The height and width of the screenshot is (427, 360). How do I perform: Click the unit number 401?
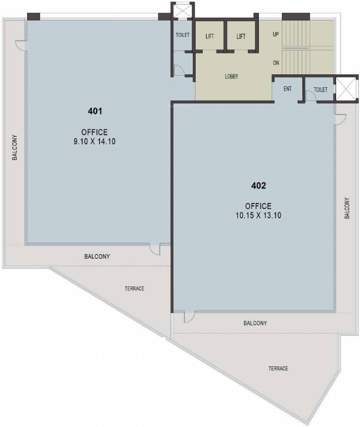pos(95,111)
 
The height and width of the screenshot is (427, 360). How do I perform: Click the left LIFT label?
pos(209,37)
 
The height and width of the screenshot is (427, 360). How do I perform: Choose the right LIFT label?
pos(241,37)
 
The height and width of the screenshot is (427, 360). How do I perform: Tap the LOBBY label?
pos(231,77)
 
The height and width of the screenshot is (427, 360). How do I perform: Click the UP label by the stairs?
pos(276,34)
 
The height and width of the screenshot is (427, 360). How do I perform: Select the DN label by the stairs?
pos(276,63)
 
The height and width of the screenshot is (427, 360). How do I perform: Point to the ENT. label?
pos(288,89)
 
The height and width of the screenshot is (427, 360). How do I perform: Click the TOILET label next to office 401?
pos(183,35)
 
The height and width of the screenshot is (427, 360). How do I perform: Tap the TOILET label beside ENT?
pos(321,90)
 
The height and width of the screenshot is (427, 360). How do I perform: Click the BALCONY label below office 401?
pos(97,257)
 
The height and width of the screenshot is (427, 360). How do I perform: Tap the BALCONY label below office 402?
pos(255,323)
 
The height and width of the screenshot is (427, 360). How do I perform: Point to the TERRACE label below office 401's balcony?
pos(134,289)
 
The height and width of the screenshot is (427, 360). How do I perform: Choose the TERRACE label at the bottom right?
pos(278,369)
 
